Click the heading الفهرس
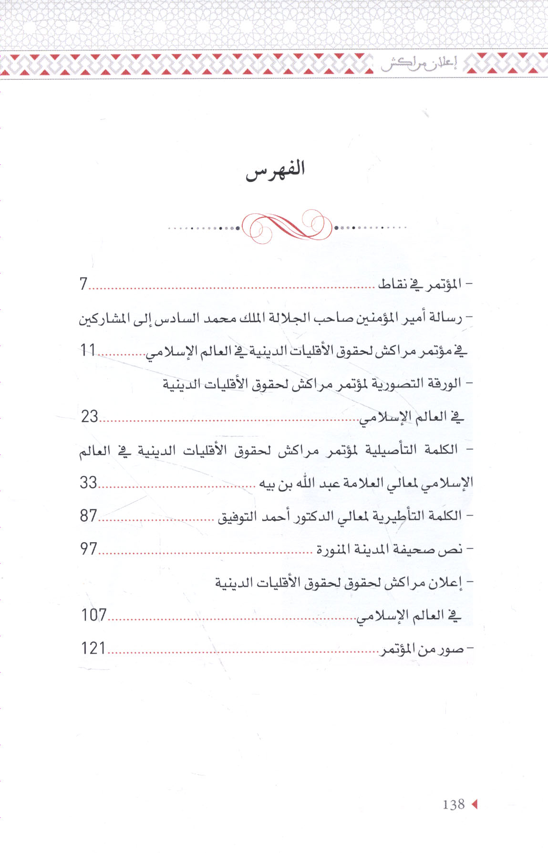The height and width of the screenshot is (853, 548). click(275, 170)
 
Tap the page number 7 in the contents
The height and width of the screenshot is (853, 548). click(83, 284)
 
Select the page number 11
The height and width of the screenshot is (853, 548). click(88, 350)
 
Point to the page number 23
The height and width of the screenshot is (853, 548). click(90, 416)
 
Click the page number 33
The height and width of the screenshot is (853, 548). click(89, 483)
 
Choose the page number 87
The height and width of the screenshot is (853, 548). click(89, 516)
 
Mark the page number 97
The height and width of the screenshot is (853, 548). click(89, 549)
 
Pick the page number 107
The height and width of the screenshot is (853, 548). click(94, 615)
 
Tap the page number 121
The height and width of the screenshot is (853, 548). click(93, 648)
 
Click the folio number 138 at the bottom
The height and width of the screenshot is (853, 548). click(453, 804)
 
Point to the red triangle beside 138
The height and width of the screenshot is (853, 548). click(474, 804)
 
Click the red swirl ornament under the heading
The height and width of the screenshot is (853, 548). click(287, 226)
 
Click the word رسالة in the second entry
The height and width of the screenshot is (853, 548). click(447, 317)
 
